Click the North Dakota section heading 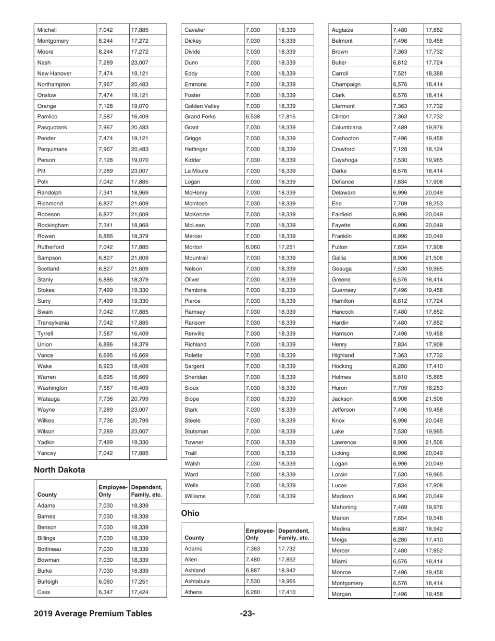pos(59,470)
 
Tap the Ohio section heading pos(190,513)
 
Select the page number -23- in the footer pos(247,613)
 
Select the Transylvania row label pos(54,323)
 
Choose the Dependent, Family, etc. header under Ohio pos(294,534)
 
